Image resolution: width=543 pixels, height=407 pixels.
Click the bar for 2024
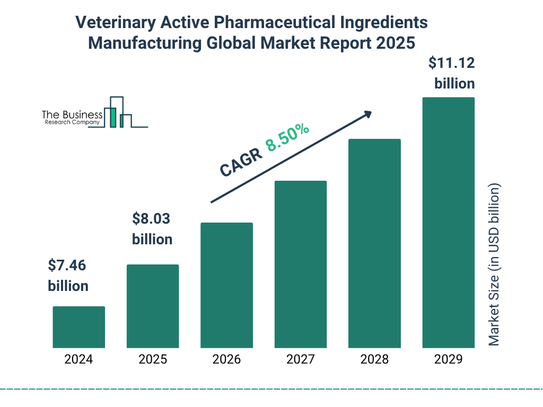point(78,327)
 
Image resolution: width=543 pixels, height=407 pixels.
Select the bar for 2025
point(153,306)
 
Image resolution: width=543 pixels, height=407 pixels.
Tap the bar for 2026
point(226,285)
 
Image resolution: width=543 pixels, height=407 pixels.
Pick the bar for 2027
point(300,264)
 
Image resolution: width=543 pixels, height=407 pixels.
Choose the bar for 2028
point(374,243)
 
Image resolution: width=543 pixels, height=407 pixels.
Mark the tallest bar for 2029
point(448,223)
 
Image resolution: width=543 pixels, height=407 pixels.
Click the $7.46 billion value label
point(68,276)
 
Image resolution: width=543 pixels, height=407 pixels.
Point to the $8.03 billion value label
point(152,229)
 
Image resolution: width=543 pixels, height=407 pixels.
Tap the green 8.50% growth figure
point(287,138)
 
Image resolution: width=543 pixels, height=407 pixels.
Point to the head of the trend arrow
point(367,114)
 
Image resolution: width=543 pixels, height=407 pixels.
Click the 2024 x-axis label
point(78,359)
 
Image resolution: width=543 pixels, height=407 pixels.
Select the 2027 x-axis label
point(300,359)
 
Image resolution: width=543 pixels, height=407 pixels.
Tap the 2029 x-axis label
point(448,359)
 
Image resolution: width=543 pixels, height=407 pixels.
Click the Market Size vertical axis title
point(494,265)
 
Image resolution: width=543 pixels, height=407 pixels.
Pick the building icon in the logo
point(119,112)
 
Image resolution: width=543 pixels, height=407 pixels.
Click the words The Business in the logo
point(72,115)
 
